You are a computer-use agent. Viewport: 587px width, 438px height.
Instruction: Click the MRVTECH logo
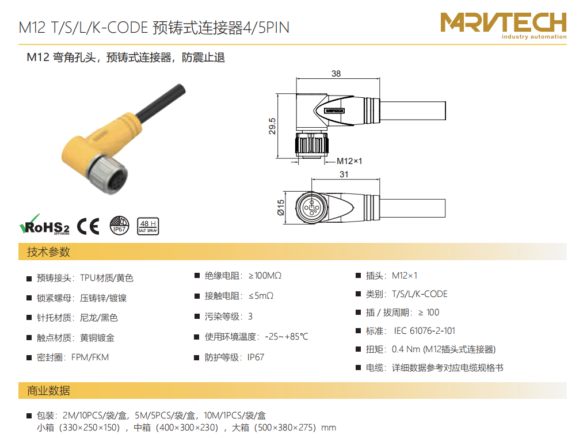tap(503, 25)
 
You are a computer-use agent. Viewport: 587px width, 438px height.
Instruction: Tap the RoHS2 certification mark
tap(44, 224)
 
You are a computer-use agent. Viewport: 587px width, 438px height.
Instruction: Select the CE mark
tap(89, 226)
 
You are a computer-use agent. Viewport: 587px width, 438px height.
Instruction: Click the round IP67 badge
tap(120, 226)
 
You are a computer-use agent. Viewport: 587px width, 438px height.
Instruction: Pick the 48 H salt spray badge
tap(148, 226)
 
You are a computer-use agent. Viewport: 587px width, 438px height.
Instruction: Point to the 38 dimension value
tap(336, 73)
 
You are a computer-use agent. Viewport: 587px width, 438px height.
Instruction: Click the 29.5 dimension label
tap(272, 126)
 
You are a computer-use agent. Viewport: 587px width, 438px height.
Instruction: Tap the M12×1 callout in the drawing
tap(349, 161)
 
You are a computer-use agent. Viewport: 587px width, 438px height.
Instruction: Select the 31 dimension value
tap(344, 174)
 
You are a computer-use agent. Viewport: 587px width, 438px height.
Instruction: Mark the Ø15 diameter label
tap(281, 207)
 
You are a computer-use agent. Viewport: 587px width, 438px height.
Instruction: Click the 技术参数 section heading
tap(49, 252)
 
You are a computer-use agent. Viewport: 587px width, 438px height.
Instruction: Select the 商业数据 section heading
tap(49, 391)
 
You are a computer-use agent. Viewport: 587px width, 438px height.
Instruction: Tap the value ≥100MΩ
tap(265, 276)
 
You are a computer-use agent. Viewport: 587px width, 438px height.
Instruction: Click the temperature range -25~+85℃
tap(287, 337)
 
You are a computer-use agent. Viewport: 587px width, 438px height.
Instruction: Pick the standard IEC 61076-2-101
tap(425, 331)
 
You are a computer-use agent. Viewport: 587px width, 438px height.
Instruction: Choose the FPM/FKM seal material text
tap(90, 357)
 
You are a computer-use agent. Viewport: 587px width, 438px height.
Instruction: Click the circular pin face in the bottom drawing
tap(311, 207)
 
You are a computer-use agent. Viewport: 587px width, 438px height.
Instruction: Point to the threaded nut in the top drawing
tap(312, 144)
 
